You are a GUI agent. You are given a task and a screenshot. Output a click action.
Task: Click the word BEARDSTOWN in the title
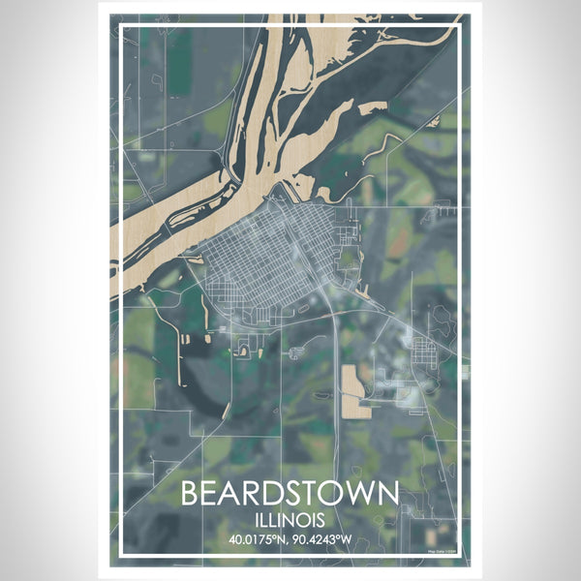point(290,493)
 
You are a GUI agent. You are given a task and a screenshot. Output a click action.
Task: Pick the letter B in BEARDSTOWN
point(190,493)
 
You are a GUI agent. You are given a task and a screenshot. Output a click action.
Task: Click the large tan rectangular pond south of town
point(355,391)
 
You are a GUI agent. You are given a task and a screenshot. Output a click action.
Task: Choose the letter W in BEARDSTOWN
point(360,493)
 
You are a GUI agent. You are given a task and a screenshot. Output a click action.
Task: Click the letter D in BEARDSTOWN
point(268,493)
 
